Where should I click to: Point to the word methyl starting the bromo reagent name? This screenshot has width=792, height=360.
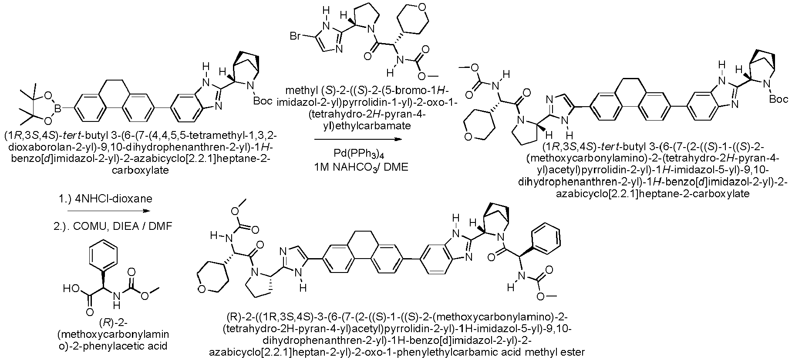[299, 91]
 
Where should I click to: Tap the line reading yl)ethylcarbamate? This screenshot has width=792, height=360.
[357, 127]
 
